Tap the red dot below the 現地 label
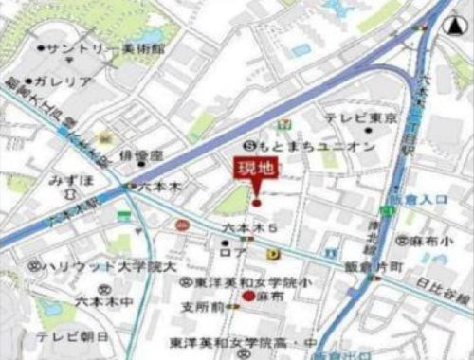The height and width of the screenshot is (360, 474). pyautogui.click(x=255, y=200)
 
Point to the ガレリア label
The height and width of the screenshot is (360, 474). pyautogui.click(x=64, y=82)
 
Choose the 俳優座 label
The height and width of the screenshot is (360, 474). pyautogui.click(x=142, y=154)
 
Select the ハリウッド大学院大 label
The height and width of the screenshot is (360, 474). pyautogui.click(x=106, y=267)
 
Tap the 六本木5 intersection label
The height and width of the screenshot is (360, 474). pyautogui.click(x=248, y=227)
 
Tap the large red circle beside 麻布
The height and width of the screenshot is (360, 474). pyautogui.click(x=249, y=297)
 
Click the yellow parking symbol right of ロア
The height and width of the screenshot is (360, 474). pyautogui.click(x=273, y=253)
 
